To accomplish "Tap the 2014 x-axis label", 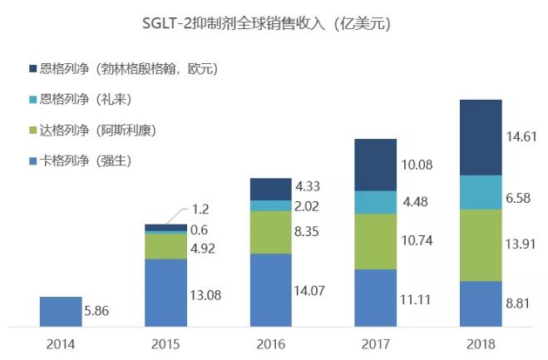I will click(61, 342).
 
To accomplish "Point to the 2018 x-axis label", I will click(481, 342).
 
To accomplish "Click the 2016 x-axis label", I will click(270, 342).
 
